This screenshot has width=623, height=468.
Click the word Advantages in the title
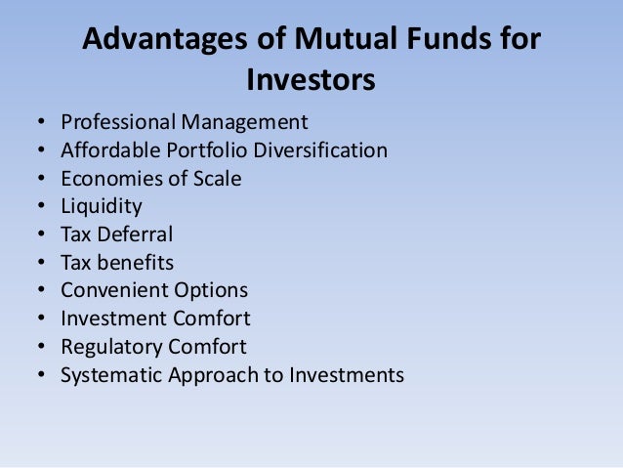pyautogui.click(x=165, y=39)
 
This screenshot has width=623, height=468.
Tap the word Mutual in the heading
pyautogui.click(x=346, y=38)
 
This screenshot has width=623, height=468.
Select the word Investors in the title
pyautogui.click(x=311, y=79)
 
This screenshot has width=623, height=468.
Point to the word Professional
pyautogui.click(x=118, y=121)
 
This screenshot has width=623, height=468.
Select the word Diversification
pyautogui.click(x=320, y=149)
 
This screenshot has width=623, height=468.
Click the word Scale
pyautogui.click(x=218, y=178)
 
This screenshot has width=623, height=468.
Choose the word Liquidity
pyautogui.click(x=102, y=207)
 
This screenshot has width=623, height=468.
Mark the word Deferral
pyautogui.click(x=135, y=234)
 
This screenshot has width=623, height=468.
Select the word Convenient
pyautogui.click(x=113, y=290)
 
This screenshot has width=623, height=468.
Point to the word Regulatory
pyautogui.click(x=111, y=347)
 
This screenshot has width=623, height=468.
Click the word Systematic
pyautogui.click(x=111, y=375)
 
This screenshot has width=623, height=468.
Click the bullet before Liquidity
pyautogui.click(x=41, y=205)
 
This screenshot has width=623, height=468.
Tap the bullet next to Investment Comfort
pyautogui.click(x=41, y=318)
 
